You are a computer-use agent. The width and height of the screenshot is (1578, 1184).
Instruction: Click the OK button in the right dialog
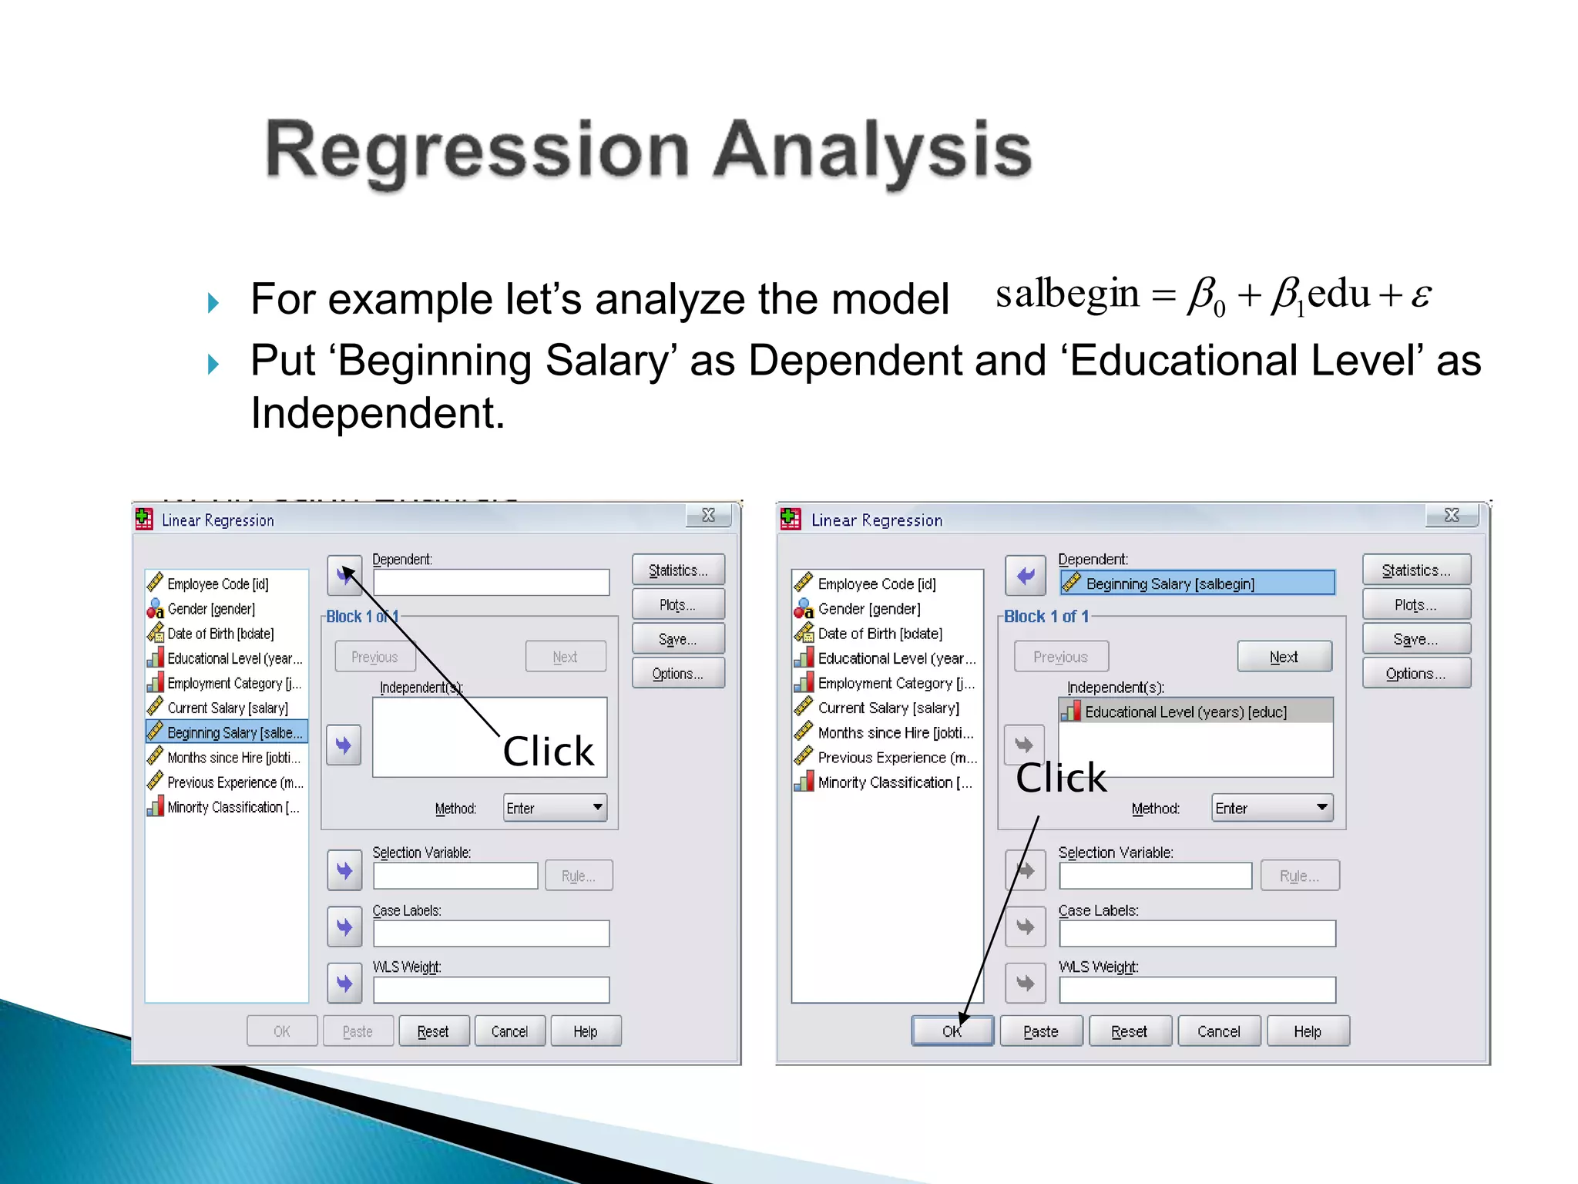pos(952,1031)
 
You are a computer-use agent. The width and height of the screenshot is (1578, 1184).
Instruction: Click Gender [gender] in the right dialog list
pos(868,609)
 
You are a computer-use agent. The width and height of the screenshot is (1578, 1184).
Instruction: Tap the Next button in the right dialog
pos(1284,657)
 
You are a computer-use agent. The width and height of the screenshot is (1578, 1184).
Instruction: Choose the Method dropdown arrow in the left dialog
pos(597,807)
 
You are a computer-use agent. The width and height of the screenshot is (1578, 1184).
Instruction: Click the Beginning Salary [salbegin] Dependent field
pos(1197,584)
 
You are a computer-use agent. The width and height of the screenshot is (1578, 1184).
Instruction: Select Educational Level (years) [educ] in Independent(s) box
pos(1185,711)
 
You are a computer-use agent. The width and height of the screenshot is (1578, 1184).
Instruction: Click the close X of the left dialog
pos(708,515)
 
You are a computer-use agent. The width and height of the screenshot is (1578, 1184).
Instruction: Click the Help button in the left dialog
pos(585,1031)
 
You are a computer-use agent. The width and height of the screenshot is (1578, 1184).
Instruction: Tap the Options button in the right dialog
pos(1415,673)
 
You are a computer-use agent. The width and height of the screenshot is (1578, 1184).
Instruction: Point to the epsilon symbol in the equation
pos(1420,294)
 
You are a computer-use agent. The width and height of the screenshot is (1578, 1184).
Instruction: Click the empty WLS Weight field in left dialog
pos(491,990)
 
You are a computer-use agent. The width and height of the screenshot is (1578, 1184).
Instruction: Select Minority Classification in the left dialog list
pos(233,807)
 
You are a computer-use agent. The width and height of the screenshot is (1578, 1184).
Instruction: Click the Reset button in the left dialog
pos(433,1031)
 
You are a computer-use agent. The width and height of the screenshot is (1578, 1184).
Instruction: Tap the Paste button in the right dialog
pos(1040,1031)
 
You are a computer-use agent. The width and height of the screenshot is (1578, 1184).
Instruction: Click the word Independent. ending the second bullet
pos(378,413)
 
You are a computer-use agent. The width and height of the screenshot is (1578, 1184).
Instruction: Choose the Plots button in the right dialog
pos(1415,605)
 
